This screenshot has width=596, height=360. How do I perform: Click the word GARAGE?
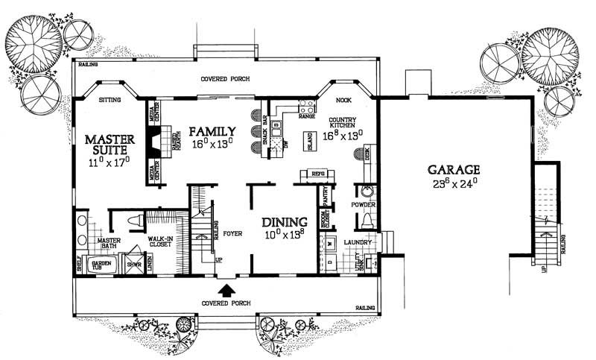point(454,168)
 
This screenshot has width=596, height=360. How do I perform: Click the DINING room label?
point(284,222)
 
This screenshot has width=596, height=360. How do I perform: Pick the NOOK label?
point(343,99)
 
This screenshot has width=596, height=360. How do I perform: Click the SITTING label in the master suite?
point(110,98)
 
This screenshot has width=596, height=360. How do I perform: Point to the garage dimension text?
point(454,182)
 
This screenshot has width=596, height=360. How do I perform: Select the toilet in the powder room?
point(365,221)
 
